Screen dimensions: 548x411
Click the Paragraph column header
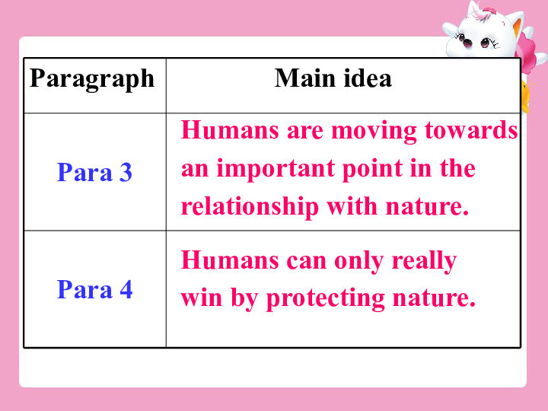click(x=92, y=79)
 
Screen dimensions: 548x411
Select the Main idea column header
click(x=333, y=78)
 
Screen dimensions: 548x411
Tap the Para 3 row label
click(x=94, y=172)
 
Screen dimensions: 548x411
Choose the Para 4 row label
click(x=94, y=289)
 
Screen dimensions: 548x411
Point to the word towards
click(x=471, y=130)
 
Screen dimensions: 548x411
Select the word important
click(x=276, y=170)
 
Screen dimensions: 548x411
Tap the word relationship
click(x=250, y=206)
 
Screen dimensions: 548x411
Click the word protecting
click(x=326, y=299)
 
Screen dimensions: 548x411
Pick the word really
click(x=424, y=261)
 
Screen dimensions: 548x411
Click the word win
click(x=202, y=298)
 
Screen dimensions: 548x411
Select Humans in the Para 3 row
click(x=230, y=130)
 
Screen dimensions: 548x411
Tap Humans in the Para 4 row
click(x=230, y=260)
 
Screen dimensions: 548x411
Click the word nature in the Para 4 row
click(x=434, y=298)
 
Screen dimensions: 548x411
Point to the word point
click(x=372, y=170)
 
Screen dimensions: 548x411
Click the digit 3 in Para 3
click(x=126, y=172)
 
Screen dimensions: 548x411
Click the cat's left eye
click(x=467, y=41)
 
